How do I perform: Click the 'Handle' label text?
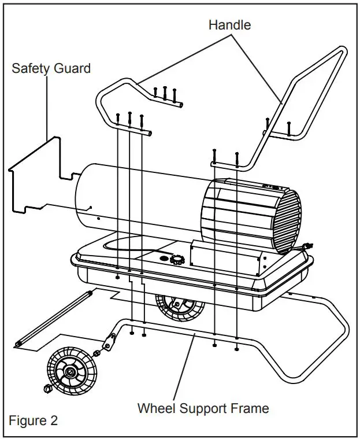[229, 25]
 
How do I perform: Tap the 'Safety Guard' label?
[51, 68]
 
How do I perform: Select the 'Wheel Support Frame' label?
[203, 408]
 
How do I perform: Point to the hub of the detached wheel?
[69, 370]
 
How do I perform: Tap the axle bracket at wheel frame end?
[107, 345]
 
